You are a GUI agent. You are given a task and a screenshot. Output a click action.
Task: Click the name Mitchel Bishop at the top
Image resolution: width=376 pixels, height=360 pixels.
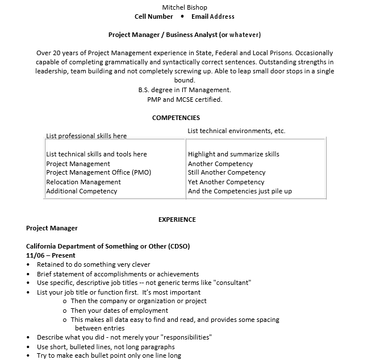click(185, 7)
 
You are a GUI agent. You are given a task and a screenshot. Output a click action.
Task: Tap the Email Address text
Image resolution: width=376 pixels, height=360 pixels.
click(213, 16)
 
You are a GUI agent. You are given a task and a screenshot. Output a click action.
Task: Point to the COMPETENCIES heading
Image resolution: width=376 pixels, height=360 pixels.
click(176, 118)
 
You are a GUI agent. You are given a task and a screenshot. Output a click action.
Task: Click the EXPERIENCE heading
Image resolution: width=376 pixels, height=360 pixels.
click(177, 219)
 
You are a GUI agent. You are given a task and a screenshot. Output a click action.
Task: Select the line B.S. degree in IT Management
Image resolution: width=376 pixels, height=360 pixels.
click(185, 90)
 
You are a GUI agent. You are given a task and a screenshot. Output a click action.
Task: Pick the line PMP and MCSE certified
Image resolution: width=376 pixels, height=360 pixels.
click(185, 100)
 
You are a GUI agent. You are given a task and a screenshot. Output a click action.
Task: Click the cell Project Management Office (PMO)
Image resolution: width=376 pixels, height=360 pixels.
click(99, 172)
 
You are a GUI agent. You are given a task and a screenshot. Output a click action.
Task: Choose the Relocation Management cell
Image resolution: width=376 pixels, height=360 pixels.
click(83, 182)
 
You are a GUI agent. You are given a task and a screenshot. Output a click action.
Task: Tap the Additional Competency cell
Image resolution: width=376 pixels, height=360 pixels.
click(82, 191)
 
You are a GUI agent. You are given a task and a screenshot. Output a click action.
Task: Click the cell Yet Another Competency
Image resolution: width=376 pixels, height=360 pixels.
click(226, 182)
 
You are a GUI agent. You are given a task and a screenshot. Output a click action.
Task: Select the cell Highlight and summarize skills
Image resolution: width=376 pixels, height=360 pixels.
click(233, 154)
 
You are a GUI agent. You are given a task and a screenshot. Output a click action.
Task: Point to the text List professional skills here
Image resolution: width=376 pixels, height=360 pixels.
click(86, 136)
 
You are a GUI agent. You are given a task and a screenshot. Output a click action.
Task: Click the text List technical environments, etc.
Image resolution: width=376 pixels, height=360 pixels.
click(236, 131)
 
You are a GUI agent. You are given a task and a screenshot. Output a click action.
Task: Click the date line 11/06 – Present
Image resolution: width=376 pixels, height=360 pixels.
click(51, 255)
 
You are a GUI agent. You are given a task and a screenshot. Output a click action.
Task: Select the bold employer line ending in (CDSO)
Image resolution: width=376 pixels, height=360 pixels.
click(108, 246)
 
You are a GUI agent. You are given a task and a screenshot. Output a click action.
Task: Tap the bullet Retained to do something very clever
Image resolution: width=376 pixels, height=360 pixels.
click(94, 264)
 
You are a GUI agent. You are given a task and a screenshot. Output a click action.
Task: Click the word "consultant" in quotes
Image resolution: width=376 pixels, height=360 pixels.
click(231, 283)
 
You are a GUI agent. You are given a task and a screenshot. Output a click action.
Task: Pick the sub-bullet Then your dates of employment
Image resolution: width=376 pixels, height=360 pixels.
click(119, 311)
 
